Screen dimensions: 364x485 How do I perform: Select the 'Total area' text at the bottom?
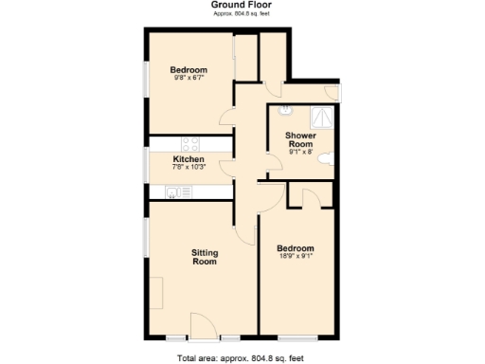[x=241, y=357]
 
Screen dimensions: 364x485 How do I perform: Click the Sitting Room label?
[x=204, y=256]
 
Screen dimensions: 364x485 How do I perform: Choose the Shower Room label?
[x=301, y=140]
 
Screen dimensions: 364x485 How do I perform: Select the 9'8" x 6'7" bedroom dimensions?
[x=189, y=79]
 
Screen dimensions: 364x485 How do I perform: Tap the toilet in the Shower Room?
[x=327, y=158]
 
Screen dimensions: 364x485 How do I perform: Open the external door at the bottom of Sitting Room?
[x=205, y=327]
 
